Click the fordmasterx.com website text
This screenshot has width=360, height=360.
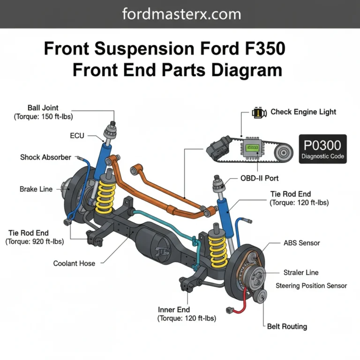[x=181, y=14]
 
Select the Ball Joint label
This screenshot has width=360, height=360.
[x=43, y=108]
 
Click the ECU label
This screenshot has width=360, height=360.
[x=77, y=136]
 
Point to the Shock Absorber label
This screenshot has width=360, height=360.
[x=45, y=157]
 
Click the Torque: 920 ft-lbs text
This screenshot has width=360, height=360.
[x=35, y=242]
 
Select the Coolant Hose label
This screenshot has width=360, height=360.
[x=74, y=263]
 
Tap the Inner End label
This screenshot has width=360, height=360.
[x=174, y=309]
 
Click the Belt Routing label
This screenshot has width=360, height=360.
[x=287, y=326]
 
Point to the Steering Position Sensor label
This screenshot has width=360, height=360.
[x=311, y=285]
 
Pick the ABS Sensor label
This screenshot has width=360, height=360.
[x=301, y=243]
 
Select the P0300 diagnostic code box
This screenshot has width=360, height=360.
[x=323, y=149]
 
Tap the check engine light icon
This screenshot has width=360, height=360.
[x=257, y=112]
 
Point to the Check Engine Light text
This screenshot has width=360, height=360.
[x=303, y=112]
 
